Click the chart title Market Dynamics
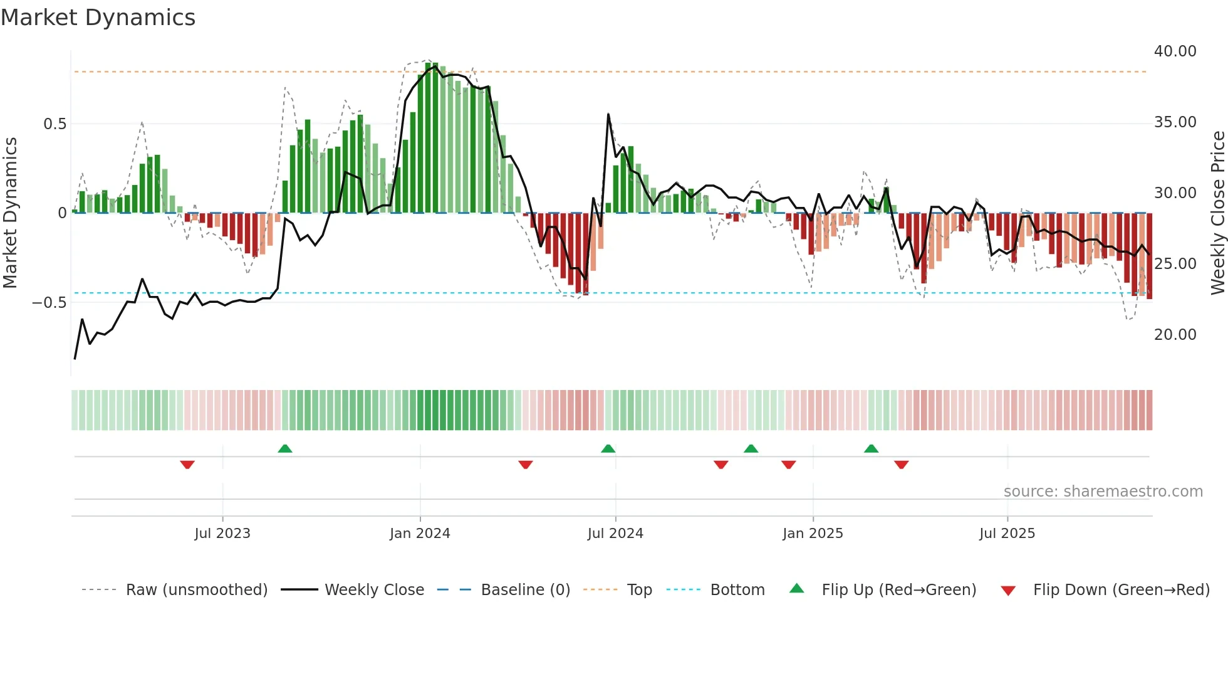pyautogui.click(x=98, y=18)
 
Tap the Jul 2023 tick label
pyautogui.click(x=222, y=534)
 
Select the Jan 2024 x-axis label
pyautogui.click(x=420, y=534)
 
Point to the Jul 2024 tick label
pyautogui.click(x=615, y=534)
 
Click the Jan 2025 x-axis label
pyautogui.click(x=813, y=534)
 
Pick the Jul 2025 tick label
pyautogui.click(x=1007, y=534)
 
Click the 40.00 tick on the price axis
pyautogui.click(x=1175, y=51)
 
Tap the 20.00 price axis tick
pyautogui.click(x=1175, y=335)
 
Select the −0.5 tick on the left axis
pyautogui.click(x=49, y=303)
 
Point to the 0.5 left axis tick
pyautogui.click(x=55, y=124)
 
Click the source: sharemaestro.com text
pyautogui.click(x=1103, y=492)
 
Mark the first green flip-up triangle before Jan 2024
pyautogui.click(x=285, y=448)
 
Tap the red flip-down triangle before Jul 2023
pyautogui.click(x=187, y=465)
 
